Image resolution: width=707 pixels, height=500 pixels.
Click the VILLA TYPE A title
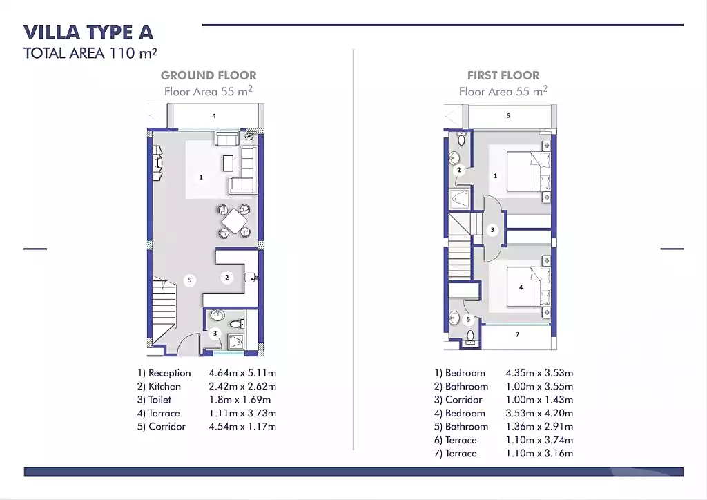click(x=88, y=32)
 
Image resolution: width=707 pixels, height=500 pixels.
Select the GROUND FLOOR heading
click(x=209, y=75)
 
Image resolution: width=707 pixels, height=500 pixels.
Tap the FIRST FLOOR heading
click(x=503, y=75)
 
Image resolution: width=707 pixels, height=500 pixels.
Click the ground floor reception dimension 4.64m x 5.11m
click(x=242, y=373)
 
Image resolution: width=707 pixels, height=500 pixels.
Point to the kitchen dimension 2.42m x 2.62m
click(x=242, y=387)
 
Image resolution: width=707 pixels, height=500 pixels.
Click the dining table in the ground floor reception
click(x=235, y=222)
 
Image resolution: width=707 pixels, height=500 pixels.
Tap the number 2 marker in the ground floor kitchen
click(x=226, y=278)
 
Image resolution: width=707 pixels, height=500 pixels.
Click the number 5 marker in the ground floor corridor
click(x=190, y=280)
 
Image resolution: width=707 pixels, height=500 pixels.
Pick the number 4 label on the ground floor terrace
click(x=214, y=116)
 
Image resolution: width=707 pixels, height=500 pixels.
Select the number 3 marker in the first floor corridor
click(x=492, y=230)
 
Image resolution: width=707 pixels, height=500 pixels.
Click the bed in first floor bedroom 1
click(x=528, y=173)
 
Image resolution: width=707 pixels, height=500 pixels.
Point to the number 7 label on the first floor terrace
click(x=517, y=335)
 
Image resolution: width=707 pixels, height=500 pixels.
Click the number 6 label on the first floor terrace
click(x=508, y=116)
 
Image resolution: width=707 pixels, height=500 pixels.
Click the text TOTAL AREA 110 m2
click(x=95, y=54)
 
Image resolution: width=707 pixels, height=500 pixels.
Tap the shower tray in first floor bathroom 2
click(x=460, y=199)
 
